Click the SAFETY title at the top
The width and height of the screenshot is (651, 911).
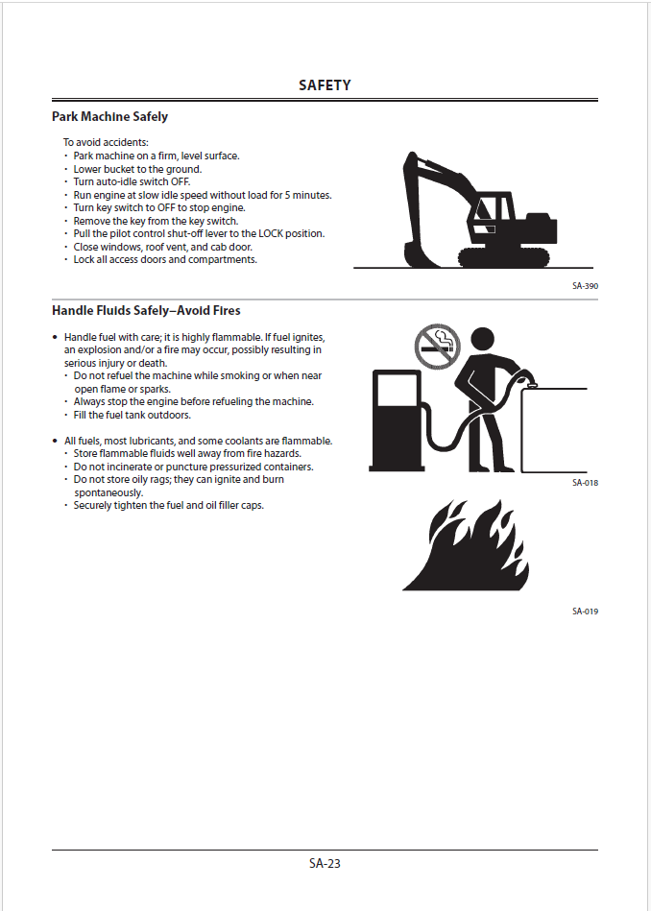325,85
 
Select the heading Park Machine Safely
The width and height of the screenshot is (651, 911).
109,117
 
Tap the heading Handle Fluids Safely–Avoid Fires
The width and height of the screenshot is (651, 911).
146,311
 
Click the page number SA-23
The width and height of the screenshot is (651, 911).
325,863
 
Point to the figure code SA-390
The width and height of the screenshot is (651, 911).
585,286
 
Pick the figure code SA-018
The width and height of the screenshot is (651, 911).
585,483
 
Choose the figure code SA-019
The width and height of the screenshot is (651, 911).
585,611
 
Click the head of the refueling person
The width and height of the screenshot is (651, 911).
477,343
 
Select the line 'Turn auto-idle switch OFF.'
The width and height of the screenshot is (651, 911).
132,182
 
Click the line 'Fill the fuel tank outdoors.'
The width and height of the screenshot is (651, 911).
133,416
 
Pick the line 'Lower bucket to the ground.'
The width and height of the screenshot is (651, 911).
137,169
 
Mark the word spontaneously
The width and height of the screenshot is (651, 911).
108,492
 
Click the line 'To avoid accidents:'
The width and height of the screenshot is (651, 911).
106,142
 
